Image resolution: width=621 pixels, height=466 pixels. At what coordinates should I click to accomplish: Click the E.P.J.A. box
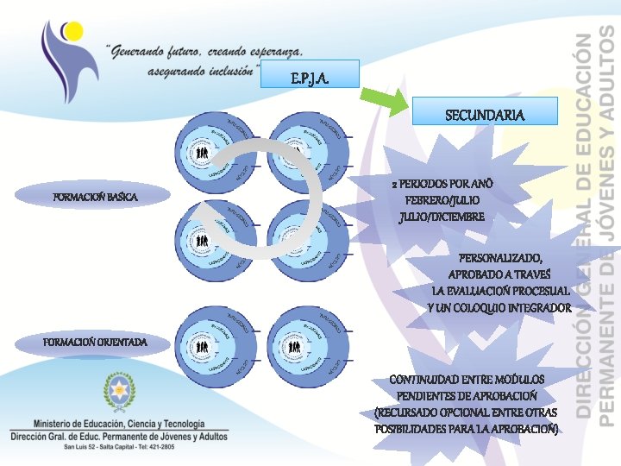coord(310,79)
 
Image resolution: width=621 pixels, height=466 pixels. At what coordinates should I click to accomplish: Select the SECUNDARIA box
coord(485,114)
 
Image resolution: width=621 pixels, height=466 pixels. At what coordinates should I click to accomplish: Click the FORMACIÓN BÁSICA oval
coord(95,198)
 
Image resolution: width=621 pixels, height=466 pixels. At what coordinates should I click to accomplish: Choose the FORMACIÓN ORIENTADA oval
coord(95,343)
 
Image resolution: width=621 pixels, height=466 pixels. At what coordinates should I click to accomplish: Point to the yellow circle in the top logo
coord(74,32)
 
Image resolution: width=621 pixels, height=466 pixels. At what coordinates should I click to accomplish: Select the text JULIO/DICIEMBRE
coord(442,217)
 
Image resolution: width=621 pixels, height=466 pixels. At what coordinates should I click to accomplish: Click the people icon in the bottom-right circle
coord(296,347)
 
